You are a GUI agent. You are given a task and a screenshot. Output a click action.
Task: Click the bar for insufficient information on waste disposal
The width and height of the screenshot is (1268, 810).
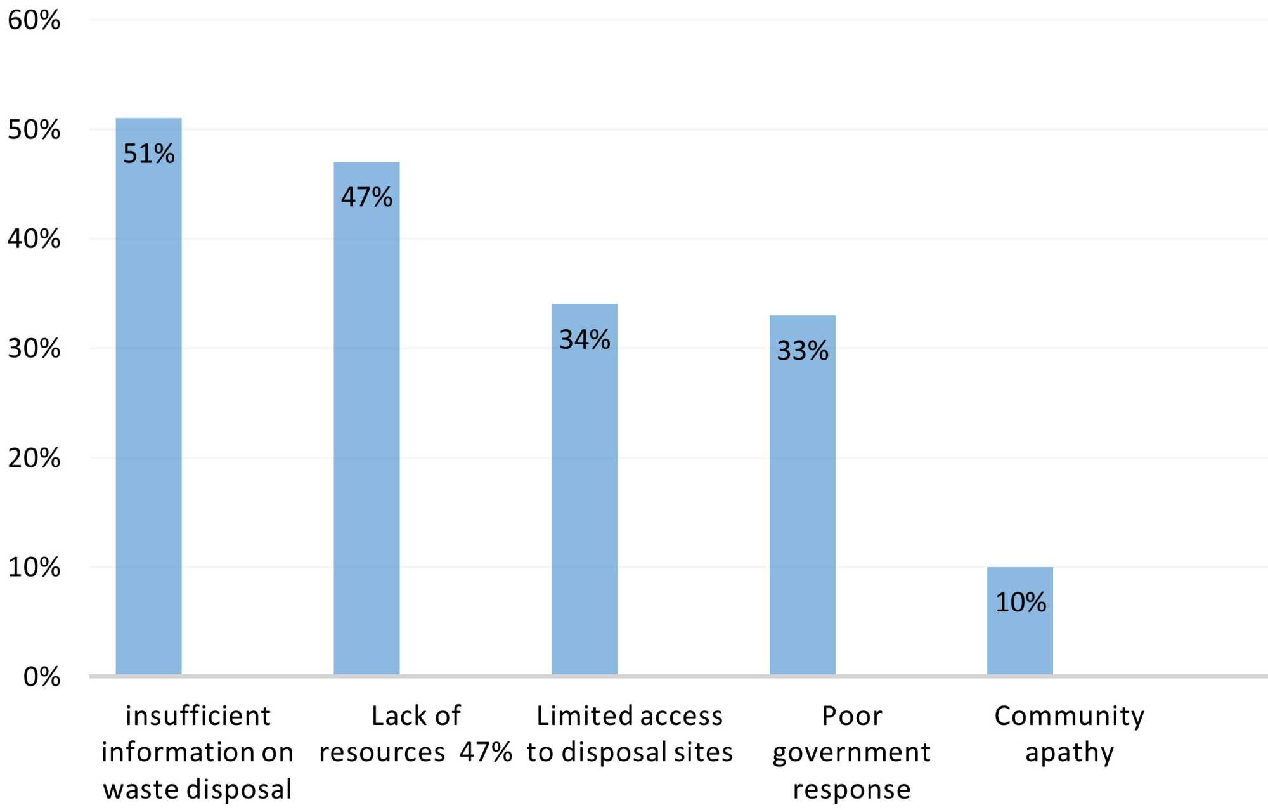(148, 412)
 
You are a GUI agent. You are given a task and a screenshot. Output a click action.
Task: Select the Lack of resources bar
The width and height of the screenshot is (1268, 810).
(366, 431)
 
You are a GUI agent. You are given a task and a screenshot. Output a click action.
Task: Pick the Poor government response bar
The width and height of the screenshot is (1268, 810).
(803, 507)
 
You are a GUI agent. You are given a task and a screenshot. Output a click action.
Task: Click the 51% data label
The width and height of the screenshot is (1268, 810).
(148, 154)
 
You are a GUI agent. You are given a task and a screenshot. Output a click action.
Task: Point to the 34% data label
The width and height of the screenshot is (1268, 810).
(585, 340)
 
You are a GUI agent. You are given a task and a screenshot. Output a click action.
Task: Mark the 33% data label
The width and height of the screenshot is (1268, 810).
(803, 351)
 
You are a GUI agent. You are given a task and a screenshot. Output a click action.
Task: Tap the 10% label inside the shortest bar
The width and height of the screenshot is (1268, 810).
(1020, 603)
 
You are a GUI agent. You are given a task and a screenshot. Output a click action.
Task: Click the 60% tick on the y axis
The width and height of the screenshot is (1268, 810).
(34, 20)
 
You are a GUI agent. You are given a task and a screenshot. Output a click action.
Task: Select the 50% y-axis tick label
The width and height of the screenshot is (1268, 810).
(34, 130)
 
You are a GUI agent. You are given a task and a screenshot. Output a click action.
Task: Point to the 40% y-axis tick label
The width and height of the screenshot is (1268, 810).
(34, 239)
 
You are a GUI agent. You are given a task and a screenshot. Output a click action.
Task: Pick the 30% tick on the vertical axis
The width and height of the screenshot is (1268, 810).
(34, 349)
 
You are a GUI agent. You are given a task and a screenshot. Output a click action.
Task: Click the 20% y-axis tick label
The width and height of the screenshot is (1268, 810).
(34, 458)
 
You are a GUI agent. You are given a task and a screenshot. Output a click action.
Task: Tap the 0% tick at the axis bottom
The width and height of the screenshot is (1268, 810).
(42, 677)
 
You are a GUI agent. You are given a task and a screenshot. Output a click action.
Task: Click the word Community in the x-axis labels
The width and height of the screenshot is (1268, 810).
(1069, 716)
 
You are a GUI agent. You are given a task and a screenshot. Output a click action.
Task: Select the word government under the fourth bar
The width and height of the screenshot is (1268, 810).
(851, 753)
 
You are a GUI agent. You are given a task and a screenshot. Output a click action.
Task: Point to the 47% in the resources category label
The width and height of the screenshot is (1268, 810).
(486, 752)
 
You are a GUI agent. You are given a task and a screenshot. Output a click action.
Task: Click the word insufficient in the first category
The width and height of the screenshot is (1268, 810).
(198, 716)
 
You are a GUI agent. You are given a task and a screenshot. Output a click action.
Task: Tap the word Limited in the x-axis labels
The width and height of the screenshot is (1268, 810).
(574, 716)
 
